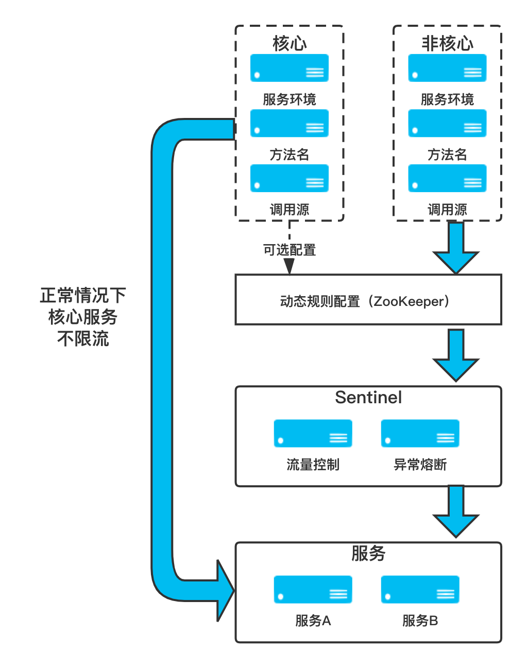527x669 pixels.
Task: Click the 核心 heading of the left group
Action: [290, 44]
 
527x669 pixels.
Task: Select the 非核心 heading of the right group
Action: [447, 44]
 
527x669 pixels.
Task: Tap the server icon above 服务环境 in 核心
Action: [290, 68]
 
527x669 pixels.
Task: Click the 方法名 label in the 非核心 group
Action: [447, 155]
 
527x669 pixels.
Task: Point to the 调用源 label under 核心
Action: [290, 210]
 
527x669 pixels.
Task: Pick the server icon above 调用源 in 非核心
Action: [447, 178]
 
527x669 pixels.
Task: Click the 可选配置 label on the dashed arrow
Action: [290, 250]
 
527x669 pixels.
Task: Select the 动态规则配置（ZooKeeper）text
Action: [368, 301]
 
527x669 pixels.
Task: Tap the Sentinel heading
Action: [368, 398]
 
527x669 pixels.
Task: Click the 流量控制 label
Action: [313, 465]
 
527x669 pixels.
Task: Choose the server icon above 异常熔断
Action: [420, 433]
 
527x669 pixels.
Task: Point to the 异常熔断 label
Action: [420, 465]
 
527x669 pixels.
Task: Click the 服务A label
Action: [313, 621]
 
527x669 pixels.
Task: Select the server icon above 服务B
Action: [420, 589]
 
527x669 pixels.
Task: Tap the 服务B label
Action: [420, 621]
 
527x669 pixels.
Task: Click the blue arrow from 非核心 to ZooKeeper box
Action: [456, 247]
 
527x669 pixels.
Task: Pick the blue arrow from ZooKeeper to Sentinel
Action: [456, 355]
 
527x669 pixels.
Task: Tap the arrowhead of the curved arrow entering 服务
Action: [225, 591]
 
